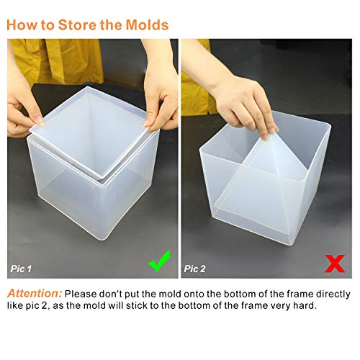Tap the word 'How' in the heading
click(x=26, y=24)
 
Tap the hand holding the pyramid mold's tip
click(x=248, y=101)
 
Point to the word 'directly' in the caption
click(x=328, y=294)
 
